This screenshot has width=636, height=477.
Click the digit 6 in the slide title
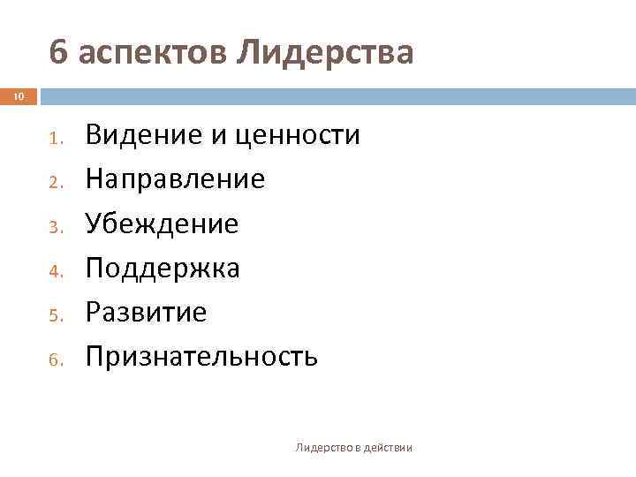pos(58,54)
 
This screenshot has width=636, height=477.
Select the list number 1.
pos(54,138)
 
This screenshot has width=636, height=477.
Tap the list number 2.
pos(54,182)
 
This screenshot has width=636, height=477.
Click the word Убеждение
pos(162,224)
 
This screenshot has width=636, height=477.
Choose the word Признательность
pos(201,357)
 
